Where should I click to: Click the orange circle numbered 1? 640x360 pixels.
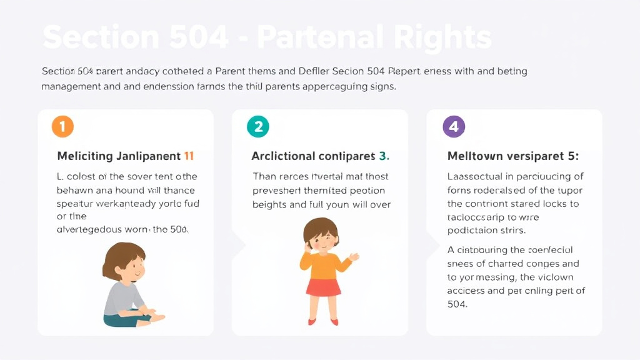[x=62, y=127]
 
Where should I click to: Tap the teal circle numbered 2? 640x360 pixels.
[x=257, y=127]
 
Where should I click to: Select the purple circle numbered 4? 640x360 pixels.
[x=454, y=127]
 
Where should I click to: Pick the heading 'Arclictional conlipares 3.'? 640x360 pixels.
[x=320, y=156]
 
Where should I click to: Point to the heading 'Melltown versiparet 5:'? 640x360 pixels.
[x=513, y=156]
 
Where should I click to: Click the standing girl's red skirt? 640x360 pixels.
[x=323, y=287]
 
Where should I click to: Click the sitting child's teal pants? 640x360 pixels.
[x=122, y=319]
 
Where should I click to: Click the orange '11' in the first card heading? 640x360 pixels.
[x=189, y=156]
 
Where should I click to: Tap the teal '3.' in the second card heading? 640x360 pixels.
[x=384, y=156]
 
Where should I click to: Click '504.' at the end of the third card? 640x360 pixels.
[x=457, y=304]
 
